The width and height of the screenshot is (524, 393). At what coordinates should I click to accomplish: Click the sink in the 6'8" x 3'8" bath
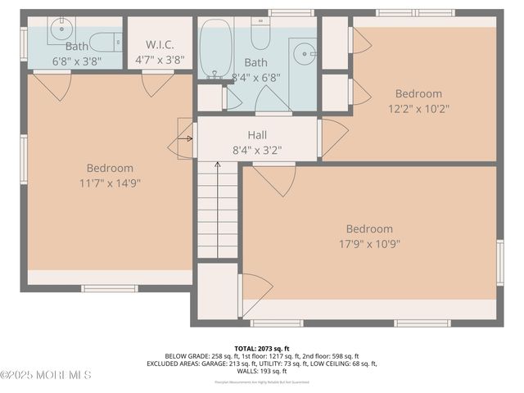60,32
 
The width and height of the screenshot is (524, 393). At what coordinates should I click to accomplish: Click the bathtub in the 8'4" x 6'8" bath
215,48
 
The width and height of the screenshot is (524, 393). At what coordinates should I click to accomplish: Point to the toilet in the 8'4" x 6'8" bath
260,34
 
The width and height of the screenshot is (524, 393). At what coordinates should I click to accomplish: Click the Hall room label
257,134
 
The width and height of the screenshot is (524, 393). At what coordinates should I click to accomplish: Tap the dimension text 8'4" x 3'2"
257,150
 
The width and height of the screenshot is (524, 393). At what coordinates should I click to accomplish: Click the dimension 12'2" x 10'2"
418,108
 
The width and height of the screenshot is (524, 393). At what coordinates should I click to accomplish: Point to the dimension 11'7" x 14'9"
110,183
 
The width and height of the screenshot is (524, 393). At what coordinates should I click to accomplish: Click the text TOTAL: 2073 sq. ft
262,348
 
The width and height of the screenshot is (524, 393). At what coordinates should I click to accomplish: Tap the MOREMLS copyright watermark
46,375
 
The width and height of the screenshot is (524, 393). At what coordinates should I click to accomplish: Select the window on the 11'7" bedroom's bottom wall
110,288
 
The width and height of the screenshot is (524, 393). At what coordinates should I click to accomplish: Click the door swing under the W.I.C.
158,84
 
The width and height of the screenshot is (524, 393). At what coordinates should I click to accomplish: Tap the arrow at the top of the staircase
217,165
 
